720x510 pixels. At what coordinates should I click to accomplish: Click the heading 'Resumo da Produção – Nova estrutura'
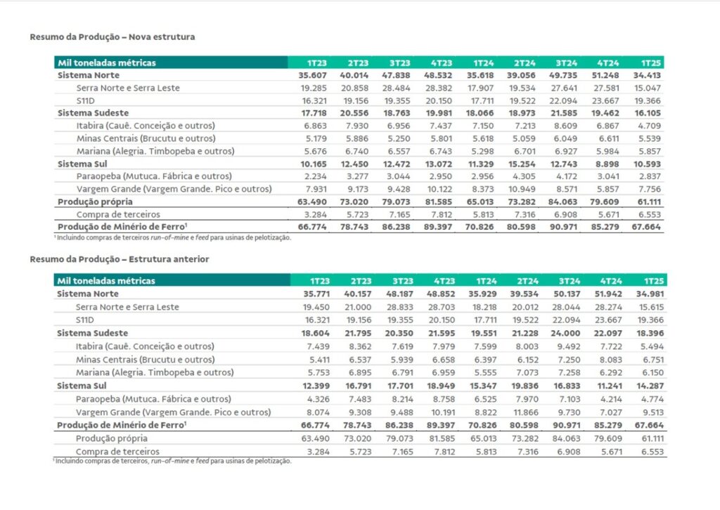point(112,37)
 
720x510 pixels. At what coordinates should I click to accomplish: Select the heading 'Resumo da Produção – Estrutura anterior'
point(120,259)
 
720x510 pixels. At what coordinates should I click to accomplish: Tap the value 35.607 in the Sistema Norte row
point(312,75)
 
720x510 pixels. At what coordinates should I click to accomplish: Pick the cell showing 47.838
point(396,75)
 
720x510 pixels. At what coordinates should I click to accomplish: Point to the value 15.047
point(648,88)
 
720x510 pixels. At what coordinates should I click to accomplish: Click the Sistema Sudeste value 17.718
point(314,113)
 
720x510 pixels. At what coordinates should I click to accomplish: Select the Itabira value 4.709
point(649,126)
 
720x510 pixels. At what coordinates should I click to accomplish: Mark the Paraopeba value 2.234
point(316,176)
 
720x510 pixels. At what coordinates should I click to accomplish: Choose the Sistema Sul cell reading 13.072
point(438,164)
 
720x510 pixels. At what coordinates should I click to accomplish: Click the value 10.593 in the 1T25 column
point(647,164)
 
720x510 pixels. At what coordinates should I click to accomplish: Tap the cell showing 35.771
point(316,294)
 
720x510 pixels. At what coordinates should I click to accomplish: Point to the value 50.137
point(566,294)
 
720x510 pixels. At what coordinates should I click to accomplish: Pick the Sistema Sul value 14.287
point(650,386)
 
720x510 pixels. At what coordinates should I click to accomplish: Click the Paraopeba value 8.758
point(443,400)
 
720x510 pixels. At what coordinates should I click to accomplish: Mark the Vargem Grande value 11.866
point(525,413)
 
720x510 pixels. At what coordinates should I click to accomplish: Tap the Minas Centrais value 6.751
point(652,360)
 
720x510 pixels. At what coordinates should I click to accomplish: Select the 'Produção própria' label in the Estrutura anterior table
point(112,439)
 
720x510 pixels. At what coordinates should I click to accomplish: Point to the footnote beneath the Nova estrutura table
point(173,237)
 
